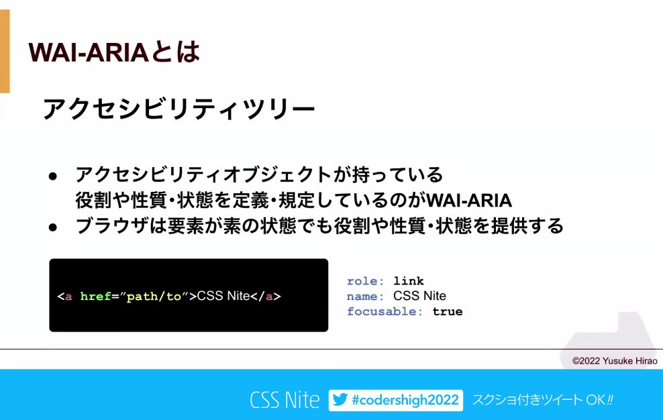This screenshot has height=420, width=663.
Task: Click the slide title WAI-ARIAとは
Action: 113,52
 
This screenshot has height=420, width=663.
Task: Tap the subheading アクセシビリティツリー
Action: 178,109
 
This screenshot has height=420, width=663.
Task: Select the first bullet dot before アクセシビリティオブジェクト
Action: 53,176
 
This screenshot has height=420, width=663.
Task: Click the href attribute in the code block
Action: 95,296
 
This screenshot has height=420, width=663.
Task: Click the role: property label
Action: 366,280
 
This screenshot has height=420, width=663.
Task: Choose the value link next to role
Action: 409,280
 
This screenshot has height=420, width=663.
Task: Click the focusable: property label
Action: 385,311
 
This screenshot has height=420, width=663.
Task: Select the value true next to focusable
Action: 448,311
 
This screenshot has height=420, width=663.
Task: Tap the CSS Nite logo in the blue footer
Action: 285,401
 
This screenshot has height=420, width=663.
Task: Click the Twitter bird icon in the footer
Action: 340,401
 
